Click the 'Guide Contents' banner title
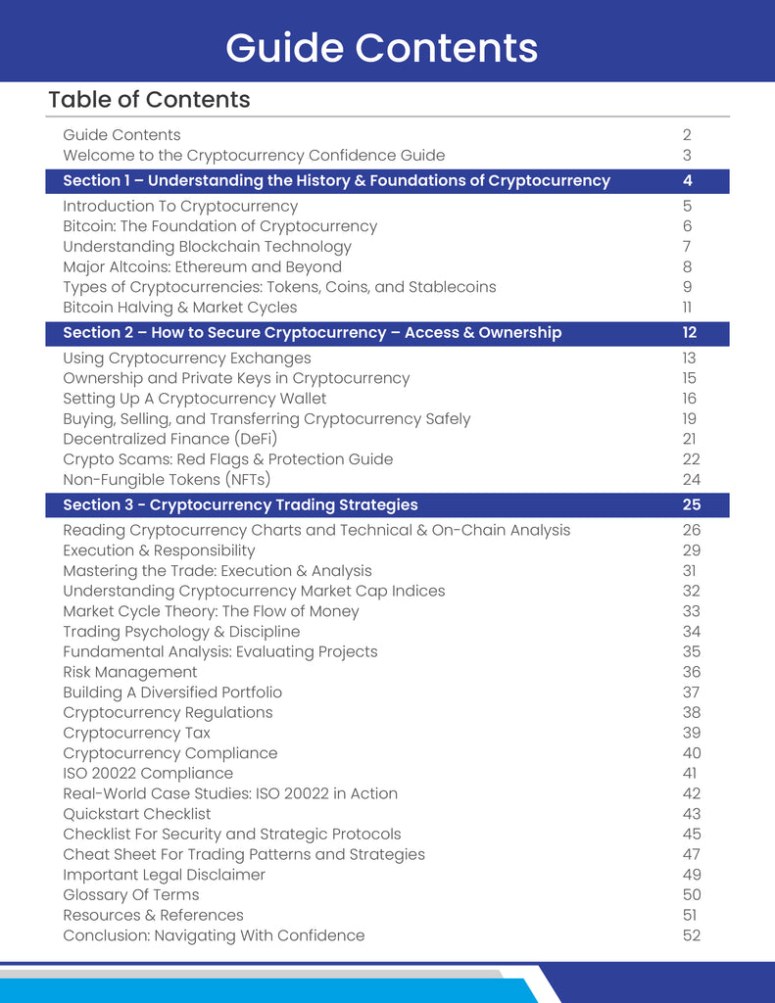point(381,47)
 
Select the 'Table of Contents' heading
point(149,100)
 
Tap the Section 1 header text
point(336,181)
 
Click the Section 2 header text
point(312,333)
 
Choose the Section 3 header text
point(240,505)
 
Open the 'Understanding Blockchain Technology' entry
point(207,247)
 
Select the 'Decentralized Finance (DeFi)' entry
point(170,439)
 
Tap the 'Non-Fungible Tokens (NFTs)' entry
point(167,480)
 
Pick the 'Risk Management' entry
point(130,672)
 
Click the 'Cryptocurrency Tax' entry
point(136,733)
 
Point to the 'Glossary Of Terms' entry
point(131,895)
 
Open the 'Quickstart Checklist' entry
point(137,814)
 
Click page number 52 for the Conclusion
point(691,935)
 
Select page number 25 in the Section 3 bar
point(691,505)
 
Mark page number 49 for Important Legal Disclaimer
point(691,875)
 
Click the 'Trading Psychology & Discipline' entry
point(181,632)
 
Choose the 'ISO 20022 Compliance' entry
point(148,774)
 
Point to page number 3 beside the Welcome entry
point(688,156)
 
